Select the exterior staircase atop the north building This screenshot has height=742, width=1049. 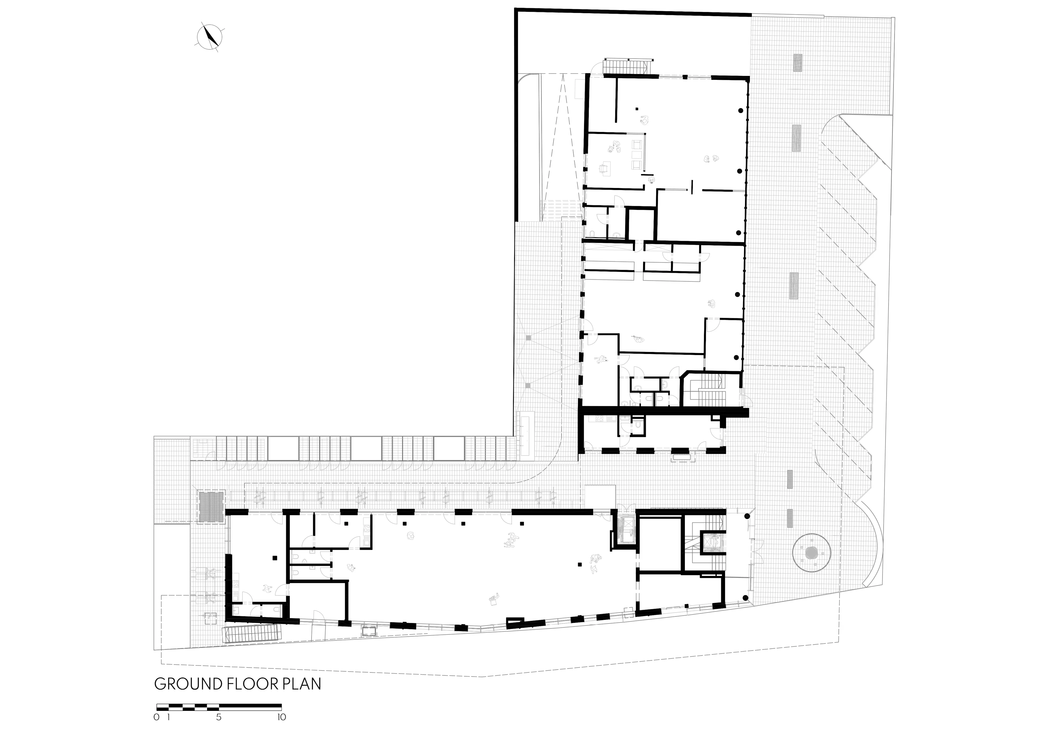pyautogui.click(x=627, y=66)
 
